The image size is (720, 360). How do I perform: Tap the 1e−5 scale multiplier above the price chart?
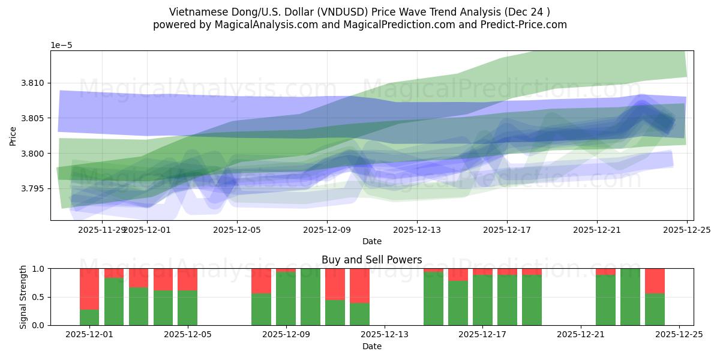pyautogui.click(x=62, y=45)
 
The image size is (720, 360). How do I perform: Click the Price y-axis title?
pyautogui.click(x=13, y=136)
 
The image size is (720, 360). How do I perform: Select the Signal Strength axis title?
pyautogui.click(x=23, y=297)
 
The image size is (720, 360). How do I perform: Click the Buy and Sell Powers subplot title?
pyautogui.click(x=371, y=260)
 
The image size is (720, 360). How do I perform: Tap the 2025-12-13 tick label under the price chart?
pyautogui.click(x=417, y=229)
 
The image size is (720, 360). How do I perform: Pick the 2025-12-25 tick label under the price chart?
pyautogui.click(x=686, y=229)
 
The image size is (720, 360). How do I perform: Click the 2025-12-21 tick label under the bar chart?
pyautogui.click(x=581, y=334)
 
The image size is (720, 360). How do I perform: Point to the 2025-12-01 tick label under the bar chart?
pyautogui.click(x=89, y=334)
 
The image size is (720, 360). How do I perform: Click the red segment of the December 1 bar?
pyautogui.click(x=89, y=289)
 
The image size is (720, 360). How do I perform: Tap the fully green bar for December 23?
pyautogui.click(x=630, y=297)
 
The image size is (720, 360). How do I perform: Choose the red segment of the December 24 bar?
pyautogui.click(x=655, y=281)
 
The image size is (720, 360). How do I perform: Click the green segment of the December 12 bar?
pyautogui.click(x=359, y=314)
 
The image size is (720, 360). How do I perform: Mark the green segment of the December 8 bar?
pyautogui.click(x=261, y=309)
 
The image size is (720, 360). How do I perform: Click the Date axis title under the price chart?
pyautogui.click(x=371, y=241)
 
